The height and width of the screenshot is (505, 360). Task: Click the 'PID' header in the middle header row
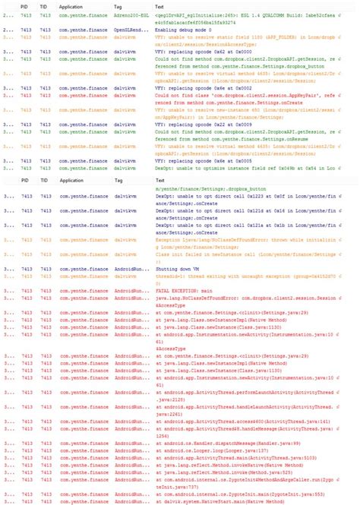(25, 181)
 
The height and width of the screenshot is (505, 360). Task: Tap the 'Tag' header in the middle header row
(118, 181)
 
